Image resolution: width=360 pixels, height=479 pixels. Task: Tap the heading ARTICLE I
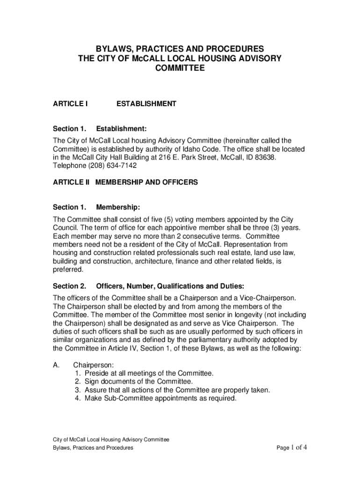tap(70, 104)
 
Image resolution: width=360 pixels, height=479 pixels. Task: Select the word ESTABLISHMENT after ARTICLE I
tap(146, 104)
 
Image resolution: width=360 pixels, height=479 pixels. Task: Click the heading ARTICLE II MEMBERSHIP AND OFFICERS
tap(125, 182)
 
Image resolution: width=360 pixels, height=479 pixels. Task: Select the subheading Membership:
tap(118, 207)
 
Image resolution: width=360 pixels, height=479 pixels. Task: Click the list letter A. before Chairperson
tap(56, 365)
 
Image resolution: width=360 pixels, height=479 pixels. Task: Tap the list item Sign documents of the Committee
tap(138, 382)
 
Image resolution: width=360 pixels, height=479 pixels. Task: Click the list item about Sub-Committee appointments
tap(160, 399)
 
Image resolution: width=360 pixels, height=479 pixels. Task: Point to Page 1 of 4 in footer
tap(291, 448)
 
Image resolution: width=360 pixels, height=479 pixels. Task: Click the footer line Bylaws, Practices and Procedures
tap(93, 448)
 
